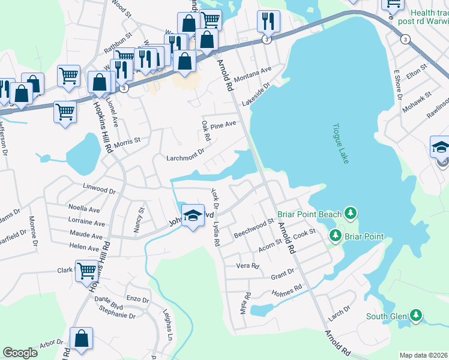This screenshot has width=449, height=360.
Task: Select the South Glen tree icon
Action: click(415, 316)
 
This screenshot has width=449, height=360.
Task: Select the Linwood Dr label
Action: click(99, 189)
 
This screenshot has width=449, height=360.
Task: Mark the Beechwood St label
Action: click(253, 227)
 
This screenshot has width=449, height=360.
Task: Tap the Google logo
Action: click(20, 353)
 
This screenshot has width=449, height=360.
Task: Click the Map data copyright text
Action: click(423, 355)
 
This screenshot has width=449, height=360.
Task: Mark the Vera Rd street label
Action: click(247, 266)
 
